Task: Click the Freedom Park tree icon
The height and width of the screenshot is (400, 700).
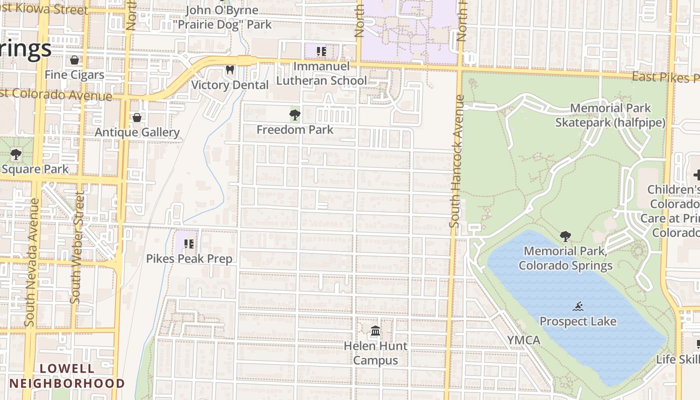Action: point(294,115)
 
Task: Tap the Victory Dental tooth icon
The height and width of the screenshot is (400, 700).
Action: point(230,70)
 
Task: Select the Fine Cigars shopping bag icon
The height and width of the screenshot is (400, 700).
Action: point(74,60)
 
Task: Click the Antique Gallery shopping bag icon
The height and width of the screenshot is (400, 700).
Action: point(137,118)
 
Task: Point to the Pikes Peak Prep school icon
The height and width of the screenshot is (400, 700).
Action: point(189,244)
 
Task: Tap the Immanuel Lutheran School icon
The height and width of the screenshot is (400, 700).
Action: point(321,51)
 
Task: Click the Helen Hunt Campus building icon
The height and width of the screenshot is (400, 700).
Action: point(375,331)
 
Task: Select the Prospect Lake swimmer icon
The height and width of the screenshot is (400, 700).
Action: point(578,306)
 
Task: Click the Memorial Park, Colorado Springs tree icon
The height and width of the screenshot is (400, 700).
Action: point(565,236)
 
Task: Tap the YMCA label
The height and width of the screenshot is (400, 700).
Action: point(523,340)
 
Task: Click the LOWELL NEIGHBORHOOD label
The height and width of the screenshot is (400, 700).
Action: point(67,376)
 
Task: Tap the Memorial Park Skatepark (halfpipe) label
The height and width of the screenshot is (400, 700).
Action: point(610,115)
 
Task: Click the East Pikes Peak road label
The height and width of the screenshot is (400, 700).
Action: point(665,77)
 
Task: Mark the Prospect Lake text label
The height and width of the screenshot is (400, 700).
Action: point(578,321)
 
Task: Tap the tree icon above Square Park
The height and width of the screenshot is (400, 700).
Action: point(16,154)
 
